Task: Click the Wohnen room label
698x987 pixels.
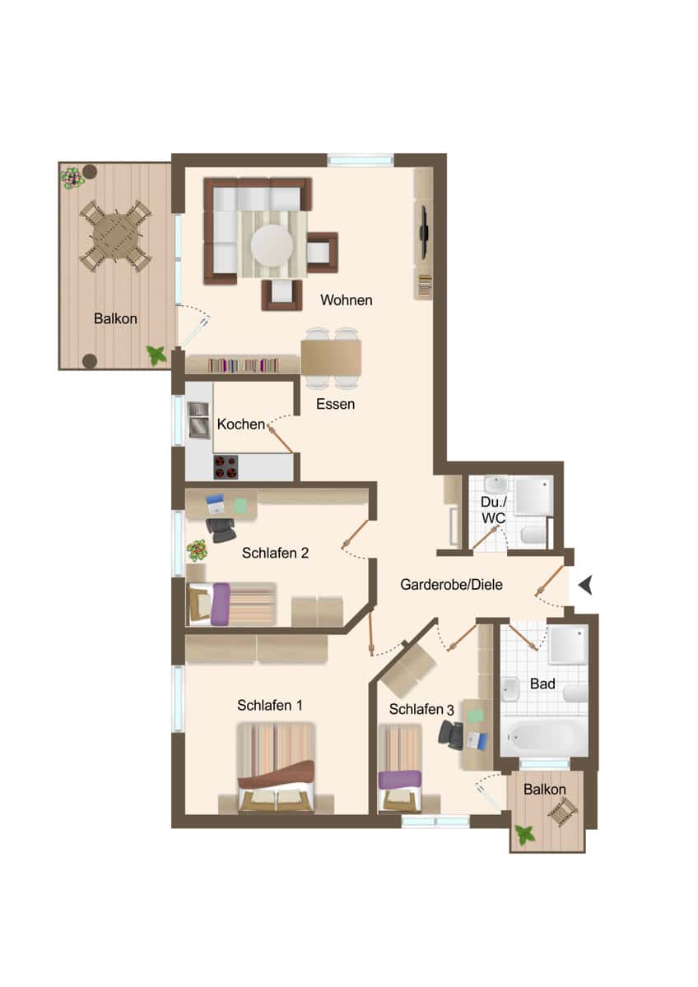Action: pos(347,300)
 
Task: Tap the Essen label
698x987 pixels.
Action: pos(335,404)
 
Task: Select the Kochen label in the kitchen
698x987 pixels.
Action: pos(240,424)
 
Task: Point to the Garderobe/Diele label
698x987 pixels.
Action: pos(451,585)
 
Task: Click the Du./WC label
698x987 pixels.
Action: pos(493,510)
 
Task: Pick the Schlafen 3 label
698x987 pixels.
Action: pos(421,709)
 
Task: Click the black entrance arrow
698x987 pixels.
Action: pos(585,586)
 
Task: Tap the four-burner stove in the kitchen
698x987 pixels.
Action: pos(226,467)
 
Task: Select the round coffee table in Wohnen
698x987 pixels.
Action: pos(272,245)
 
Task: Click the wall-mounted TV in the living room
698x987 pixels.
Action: pos(424,232)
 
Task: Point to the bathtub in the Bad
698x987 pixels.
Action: pos(543,735)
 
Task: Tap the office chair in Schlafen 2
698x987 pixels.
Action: pos(221,530)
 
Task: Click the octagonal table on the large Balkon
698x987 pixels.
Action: pos(115,236)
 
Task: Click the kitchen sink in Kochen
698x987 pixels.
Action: pos(198,420)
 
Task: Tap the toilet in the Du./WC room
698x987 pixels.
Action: pos(533,535)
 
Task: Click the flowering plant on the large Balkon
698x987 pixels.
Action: pos(72,178)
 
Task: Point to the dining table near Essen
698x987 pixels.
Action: pos(331,357)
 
